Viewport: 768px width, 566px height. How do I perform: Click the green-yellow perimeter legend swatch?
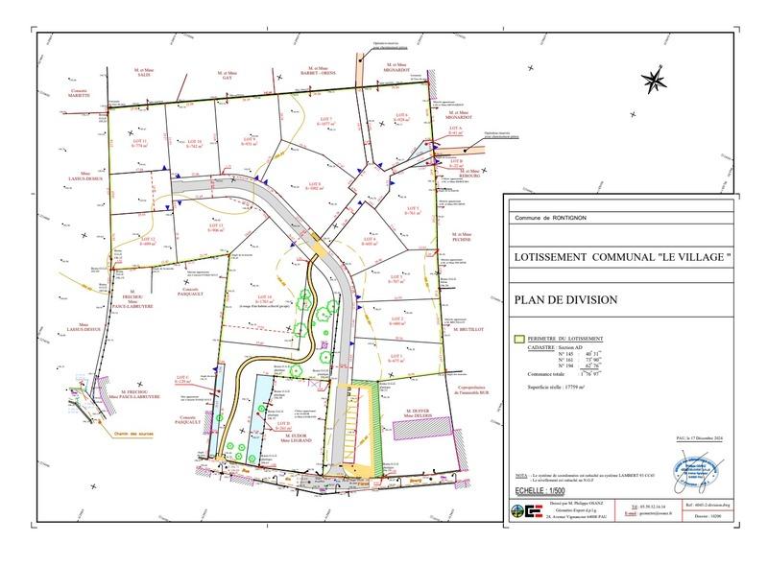pyautogui.click(x=519, y=339)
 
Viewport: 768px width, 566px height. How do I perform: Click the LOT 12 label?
pyautogui.click(x=147, y=241)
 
